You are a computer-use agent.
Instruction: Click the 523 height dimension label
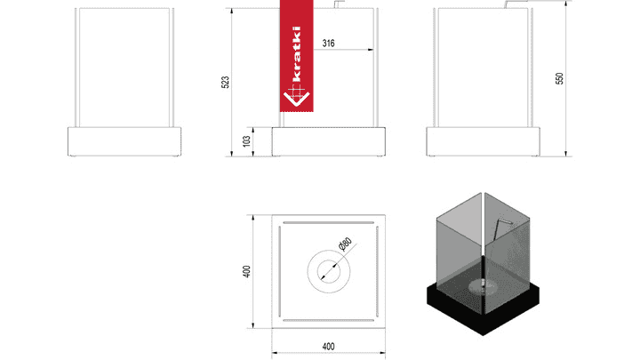(225, 82)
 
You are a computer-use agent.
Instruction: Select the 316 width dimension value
(329, 44)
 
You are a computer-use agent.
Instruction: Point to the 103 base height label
(246, 141)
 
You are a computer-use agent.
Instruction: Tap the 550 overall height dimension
(560, 78)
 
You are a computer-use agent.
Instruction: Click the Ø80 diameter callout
(345, 244)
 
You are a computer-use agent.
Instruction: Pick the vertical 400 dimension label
(246, 271)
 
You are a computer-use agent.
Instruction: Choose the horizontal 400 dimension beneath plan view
(329, 347)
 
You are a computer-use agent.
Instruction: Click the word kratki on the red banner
(297, 53)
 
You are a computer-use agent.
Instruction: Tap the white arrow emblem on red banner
(297, 96)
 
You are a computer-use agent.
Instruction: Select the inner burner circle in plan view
(329, 271)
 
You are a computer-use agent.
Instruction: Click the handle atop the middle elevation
(340, 4)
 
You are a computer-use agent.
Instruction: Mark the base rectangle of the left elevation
(124, 141)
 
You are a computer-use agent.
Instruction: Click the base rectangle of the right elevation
(484, 141)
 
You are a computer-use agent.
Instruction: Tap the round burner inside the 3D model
(483, 286)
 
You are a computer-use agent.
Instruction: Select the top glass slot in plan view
(329, 223)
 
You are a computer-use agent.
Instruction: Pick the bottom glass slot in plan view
(329, 320)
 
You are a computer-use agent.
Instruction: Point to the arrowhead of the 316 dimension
(371, 50)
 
